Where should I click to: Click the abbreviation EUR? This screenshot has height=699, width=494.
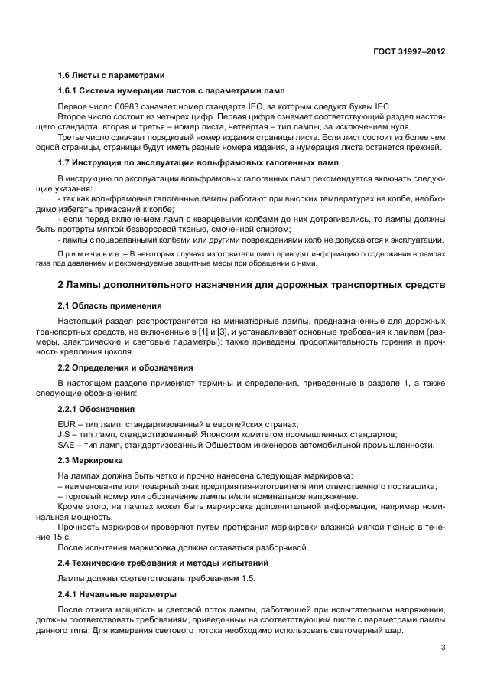pos(67,424)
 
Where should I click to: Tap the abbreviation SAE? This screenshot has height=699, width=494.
pos(67,444)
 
